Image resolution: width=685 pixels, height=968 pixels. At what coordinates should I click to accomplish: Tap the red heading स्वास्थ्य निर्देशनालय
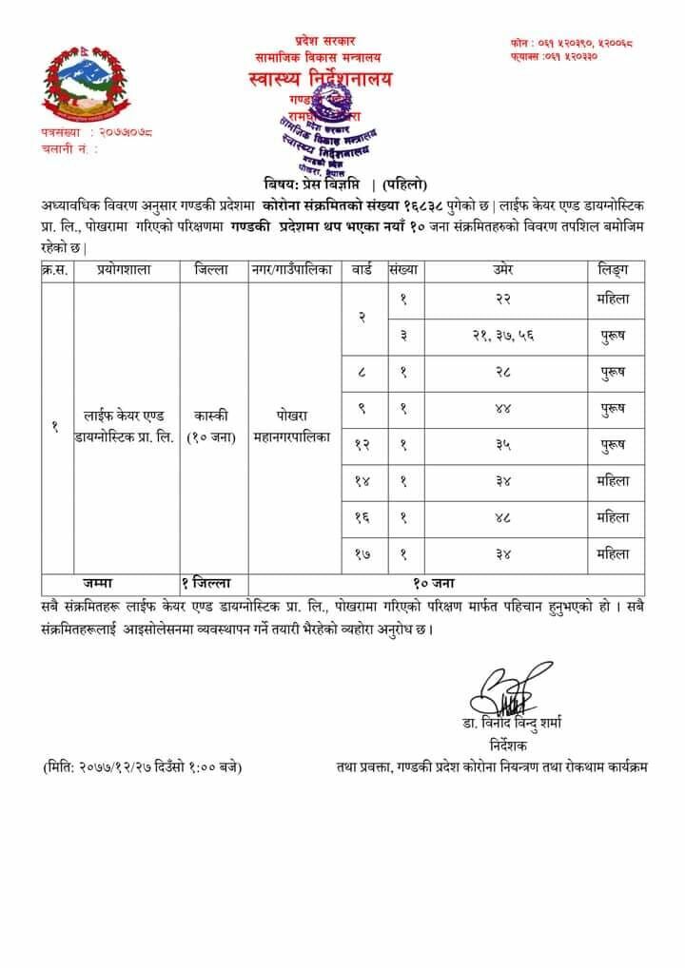tap(324, 79)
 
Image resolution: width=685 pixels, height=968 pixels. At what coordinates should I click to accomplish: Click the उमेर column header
tap(503, 270)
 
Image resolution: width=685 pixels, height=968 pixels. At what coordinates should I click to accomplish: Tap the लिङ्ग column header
tap(613, 270)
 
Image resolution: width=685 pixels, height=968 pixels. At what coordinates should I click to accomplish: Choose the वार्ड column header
tap(362, 270)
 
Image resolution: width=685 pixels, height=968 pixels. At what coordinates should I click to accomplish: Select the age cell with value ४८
tap(503, 517)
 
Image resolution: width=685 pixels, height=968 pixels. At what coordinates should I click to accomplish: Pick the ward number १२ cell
tap(362, 444)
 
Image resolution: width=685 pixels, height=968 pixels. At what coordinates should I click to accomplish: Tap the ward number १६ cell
tap(362, 517)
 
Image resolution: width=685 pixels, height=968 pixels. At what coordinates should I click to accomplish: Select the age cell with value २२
tap(503, 298)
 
